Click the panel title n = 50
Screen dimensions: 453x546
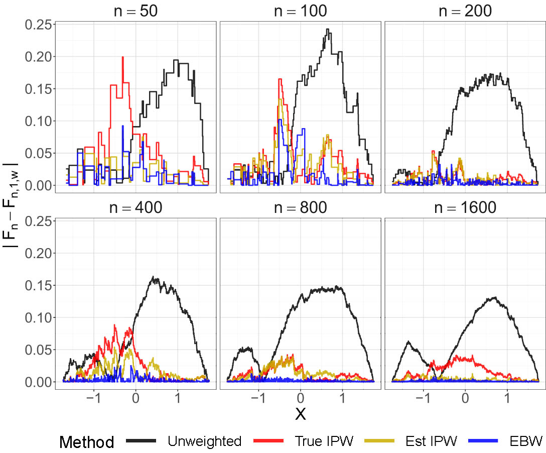coord(135,11)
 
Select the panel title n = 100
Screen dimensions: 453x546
coord(300,11)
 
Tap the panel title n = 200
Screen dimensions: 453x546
coord(465,11)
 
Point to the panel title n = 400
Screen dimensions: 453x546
coord(135,208)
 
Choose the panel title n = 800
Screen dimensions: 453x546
coord(300,208)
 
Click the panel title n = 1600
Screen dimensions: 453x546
coord(465,208)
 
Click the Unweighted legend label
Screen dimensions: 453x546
coord(204,441)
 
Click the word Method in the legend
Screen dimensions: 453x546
coord(86,442)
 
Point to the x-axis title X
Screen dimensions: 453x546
coord(300,414)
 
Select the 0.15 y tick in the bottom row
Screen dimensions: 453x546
coord(38,285)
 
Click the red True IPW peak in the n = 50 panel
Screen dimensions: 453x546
coord(122,57)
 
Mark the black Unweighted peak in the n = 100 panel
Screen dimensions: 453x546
coord(327,29)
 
